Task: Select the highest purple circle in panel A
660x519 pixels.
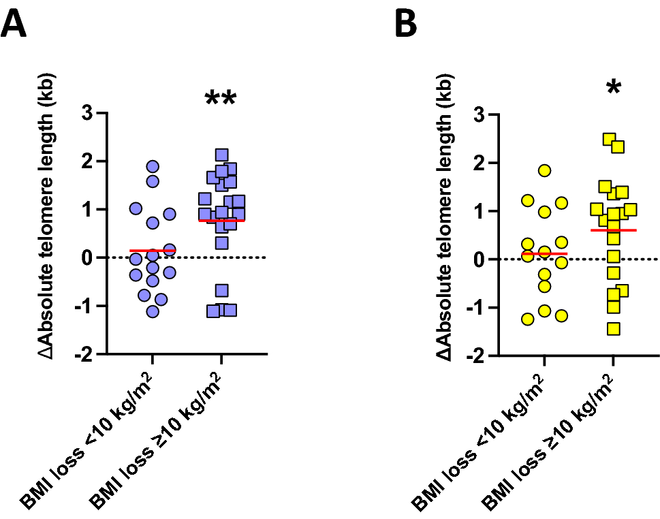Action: point(153,167)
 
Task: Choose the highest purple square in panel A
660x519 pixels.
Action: point(221,155)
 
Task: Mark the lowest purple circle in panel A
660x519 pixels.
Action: point(153,311)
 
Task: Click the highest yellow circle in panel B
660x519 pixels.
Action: point(544,171)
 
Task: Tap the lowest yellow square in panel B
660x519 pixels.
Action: point(613,329)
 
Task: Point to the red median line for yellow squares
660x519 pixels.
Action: point(613,230)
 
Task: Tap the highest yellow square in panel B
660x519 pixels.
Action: point(610,140)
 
